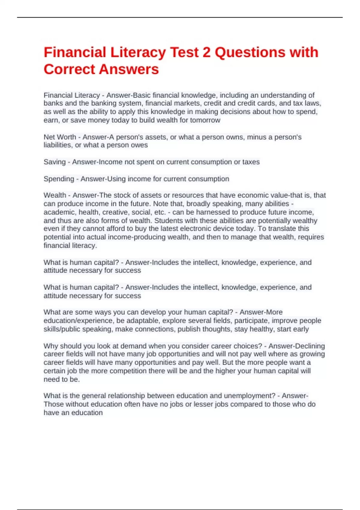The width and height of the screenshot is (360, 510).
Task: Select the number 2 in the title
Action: coord(207,52)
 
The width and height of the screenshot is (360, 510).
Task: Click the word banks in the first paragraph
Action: coord(52,103)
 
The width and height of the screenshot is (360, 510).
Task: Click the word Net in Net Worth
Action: coord(49,137)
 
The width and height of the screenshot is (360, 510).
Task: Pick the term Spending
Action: coord(59,179)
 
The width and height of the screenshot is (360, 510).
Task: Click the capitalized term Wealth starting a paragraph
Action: coord(55,195)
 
